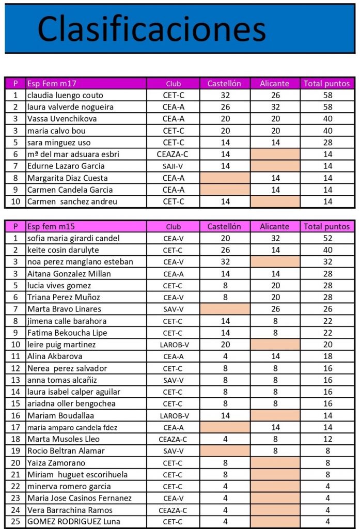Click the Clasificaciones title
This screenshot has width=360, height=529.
click(x=151, y=29)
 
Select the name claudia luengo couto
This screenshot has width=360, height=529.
click(x=65, y=95)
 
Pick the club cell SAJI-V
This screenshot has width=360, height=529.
click(x=174, y=166)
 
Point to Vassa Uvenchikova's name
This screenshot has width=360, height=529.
click(x=62, y=119)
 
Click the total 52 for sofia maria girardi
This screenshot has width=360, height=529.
click(x=326, y=238)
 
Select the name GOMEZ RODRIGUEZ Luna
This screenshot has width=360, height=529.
click(x=74, y=521)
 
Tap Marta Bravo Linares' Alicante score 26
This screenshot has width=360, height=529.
click(x=275, y=309)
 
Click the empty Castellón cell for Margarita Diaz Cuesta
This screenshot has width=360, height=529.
click(x=225, y=178)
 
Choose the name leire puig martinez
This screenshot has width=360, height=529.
click(x=61, y=345)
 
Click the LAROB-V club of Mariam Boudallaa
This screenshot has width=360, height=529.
click(x=174, y=415)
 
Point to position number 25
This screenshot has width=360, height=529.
click(x=15, y=521)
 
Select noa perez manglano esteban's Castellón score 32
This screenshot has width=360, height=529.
click(x=225, y=262)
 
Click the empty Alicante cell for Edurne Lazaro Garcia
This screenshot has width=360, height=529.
click(x=275, y=166)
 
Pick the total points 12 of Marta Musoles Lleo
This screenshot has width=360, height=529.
click(x=326, y=439)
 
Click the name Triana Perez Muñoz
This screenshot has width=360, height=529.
click(x=64, y=297)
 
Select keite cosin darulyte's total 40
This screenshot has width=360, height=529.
click(x=326, y=250)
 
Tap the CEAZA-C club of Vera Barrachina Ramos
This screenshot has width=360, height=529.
click(x=174, y=510)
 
